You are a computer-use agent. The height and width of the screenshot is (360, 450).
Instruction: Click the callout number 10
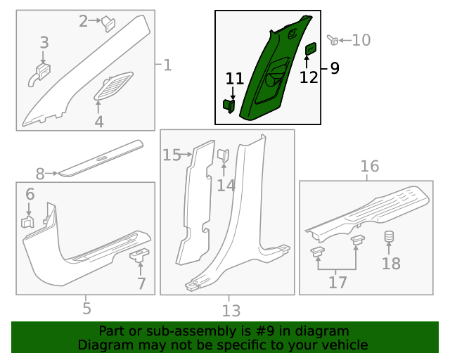(361, 40)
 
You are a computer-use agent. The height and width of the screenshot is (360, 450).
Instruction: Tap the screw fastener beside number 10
(333, 40)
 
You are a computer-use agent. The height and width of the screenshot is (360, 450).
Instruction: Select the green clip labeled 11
(229, 106)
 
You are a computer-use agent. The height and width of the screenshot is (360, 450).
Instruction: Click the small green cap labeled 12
(311, 49)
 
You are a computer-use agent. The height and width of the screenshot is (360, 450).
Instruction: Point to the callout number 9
(335, 68)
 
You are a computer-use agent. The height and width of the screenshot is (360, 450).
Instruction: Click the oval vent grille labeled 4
(114, 86)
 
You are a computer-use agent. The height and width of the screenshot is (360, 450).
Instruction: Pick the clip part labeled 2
(108, 23)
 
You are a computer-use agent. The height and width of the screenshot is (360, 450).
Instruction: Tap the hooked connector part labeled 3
(39, 75)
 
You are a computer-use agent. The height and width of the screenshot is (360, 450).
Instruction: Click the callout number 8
(40, 174)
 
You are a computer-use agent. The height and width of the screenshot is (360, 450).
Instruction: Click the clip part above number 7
(139, 255)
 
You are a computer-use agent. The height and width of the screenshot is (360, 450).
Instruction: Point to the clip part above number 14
(224, 155)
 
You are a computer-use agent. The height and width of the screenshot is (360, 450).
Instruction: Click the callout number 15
(172, 155)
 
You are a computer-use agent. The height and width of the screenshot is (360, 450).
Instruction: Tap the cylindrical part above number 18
(389, 236)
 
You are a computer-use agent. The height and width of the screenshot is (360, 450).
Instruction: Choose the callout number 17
(337, 282)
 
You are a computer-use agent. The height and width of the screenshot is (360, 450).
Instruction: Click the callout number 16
(370, 166)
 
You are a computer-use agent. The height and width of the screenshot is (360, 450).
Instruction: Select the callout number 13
(231, 310)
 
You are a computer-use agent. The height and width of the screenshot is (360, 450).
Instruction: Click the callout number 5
(87, 309)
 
